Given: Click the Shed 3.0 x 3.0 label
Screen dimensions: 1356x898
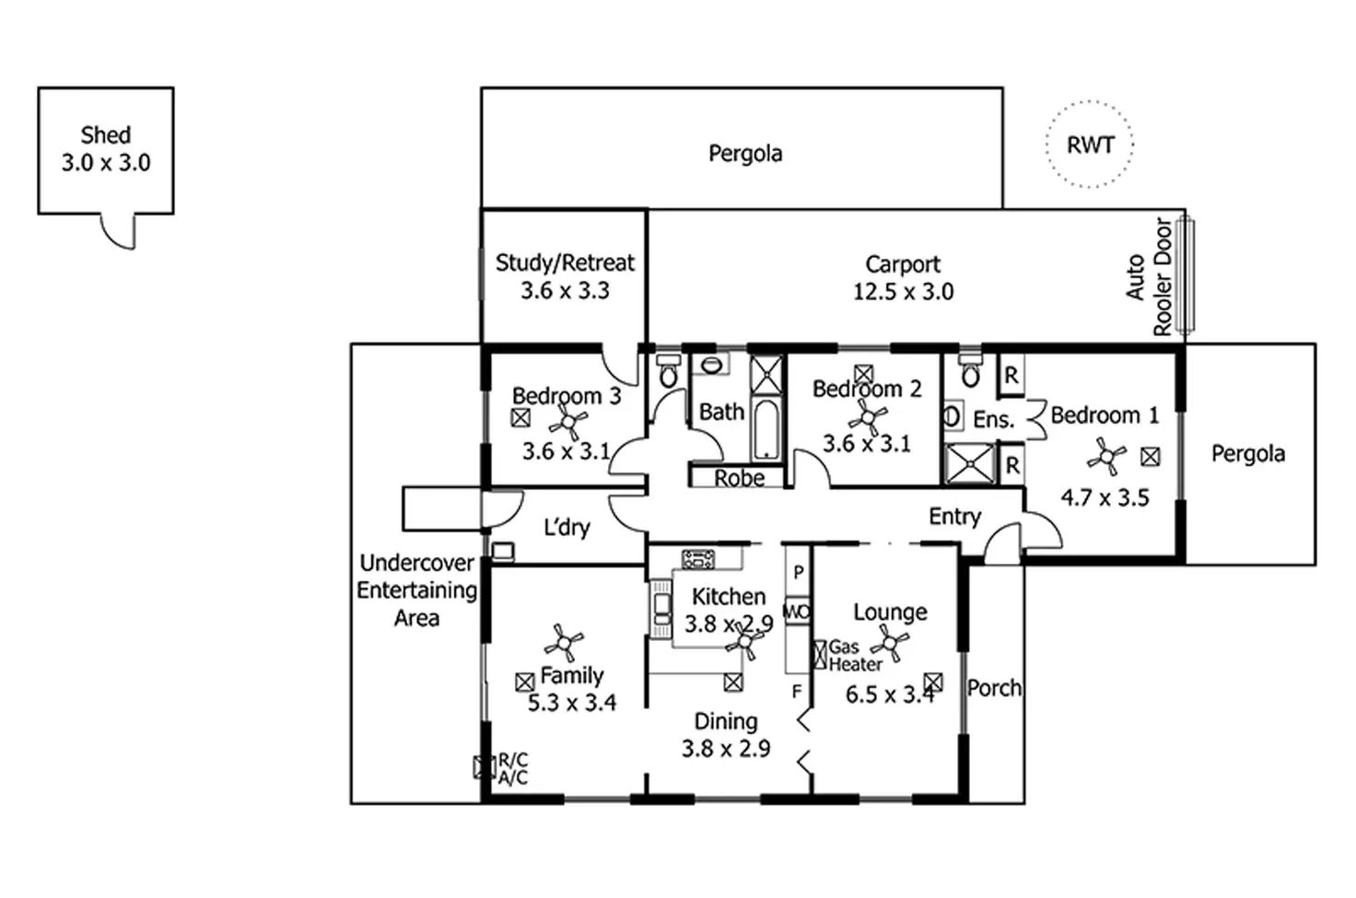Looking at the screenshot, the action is pos(106,149).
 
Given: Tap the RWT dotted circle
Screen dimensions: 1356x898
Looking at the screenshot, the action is pos(1090,102).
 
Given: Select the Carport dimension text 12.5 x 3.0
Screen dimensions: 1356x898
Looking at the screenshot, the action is pos(903,292).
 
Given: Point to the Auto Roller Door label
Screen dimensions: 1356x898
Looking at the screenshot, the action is pos(1149,276).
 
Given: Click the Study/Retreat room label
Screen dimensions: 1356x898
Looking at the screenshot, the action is pos(565,262).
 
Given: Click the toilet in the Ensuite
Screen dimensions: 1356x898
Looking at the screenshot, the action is pos(970,371).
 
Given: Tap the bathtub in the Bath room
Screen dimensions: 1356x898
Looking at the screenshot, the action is pos(766,429).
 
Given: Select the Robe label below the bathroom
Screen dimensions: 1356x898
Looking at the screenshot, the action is pos(739,478).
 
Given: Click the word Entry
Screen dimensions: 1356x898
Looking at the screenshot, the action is pos(954,516).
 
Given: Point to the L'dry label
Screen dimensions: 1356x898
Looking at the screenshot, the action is pos(567,527).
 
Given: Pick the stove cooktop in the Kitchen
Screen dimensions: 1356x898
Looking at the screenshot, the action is pos(698,559).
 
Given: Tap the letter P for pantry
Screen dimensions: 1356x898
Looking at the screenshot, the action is pos(799,572).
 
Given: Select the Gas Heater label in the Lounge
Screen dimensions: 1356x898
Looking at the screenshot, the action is pos(855,656).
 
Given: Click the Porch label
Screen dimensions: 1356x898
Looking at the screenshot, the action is pos(994,688).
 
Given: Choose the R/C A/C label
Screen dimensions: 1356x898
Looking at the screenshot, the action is pos(513,768).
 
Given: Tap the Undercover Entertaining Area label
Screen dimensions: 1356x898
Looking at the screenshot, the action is pos(416,590).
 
